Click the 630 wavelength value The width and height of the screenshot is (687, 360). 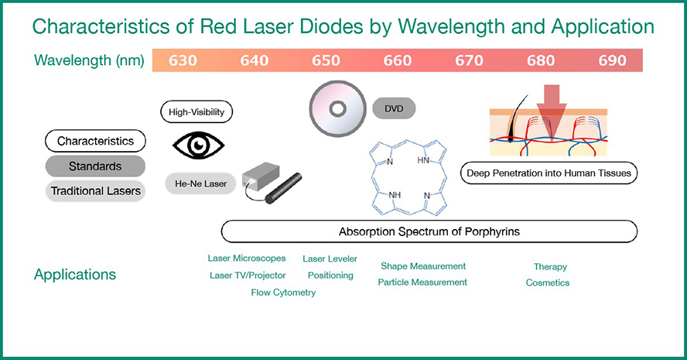[x=183, y=60]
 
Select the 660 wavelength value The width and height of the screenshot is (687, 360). [x=397, y=60]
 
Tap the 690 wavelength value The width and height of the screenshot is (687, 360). [x=612, y=60]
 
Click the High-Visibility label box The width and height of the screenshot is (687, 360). [x=197, y=112]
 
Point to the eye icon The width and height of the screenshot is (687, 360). [x=197, y=144]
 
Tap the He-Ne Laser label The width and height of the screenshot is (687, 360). [x=197, y=183]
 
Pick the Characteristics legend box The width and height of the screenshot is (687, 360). [x=95, y=141]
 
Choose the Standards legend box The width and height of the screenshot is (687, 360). [x=95, y=166]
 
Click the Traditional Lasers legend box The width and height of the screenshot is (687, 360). [x=95, y=190]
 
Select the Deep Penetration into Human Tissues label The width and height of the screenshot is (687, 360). [x=549, y=173]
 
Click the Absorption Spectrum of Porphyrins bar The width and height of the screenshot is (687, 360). [x=429, y=231]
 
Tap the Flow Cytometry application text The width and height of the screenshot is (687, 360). [x=283, y=293]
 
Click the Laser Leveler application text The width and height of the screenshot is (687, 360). [x=330, y=259]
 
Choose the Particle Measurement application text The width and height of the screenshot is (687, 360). [x=422, y=283]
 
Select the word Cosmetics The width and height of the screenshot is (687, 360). [x=548, y=283]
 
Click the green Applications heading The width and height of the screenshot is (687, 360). [x=75, y=275]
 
